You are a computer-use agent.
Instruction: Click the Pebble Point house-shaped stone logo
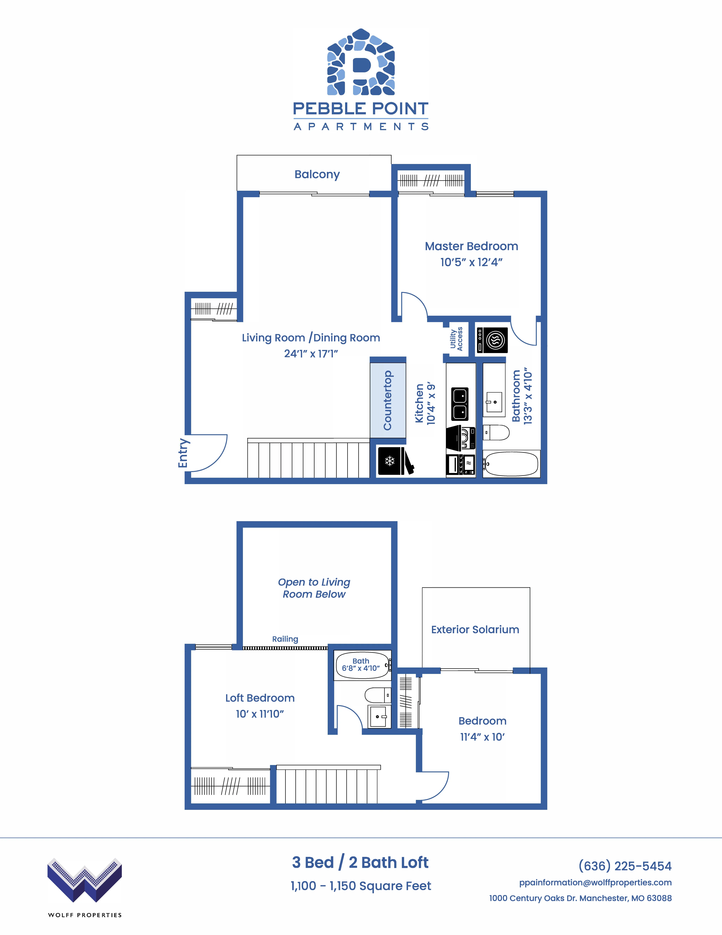pos(361,62)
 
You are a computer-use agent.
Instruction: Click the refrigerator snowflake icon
pos(390,461)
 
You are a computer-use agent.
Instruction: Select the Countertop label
pos(387,400)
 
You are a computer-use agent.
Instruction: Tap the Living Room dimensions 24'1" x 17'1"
pos(311,354)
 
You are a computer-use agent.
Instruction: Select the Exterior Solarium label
pos(475,629)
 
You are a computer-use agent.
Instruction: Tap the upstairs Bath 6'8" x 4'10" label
pos(361,664)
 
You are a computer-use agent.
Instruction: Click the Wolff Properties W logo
pos(85,880)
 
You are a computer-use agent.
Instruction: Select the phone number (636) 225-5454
pos(625,866)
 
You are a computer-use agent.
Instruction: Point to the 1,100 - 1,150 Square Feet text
pos(361,886)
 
